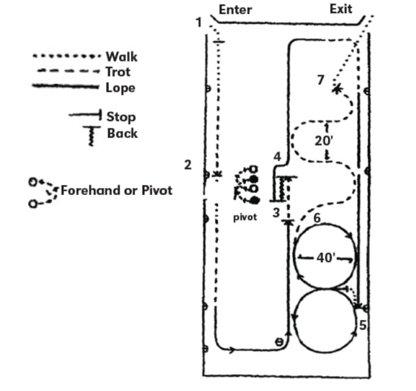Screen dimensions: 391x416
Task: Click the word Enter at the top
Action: (235, 9)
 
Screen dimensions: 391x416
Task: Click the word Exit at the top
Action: (341, 9)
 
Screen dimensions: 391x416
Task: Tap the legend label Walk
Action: (121, 57)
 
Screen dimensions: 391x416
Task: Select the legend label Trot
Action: (118, 72)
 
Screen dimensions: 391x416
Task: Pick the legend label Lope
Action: (120, 88)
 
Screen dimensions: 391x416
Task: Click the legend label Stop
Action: (121, 117)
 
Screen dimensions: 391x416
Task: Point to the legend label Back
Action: (122, 134)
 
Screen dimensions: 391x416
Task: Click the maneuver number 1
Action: (199, 23)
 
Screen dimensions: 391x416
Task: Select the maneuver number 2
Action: (187, 165)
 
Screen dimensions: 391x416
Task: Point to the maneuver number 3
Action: (276, 212)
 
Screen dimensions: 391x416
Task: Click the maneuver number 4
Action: (277, 156)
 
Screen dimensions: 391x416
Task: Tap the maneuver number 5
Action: (362, 324)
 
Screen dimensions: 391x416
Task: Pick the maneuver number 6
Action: (317, 218)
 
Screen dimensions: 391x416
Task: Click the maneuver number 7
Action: (321, 80)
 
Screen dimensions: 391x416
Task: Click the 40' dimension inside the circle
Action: (325, 257)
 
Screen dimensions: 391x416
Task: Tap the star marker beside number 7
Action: (336, 88)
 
